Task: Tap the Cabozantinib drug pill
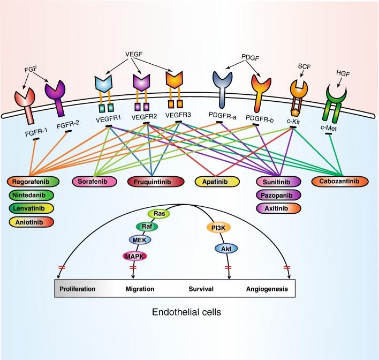tap(336, 181)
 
